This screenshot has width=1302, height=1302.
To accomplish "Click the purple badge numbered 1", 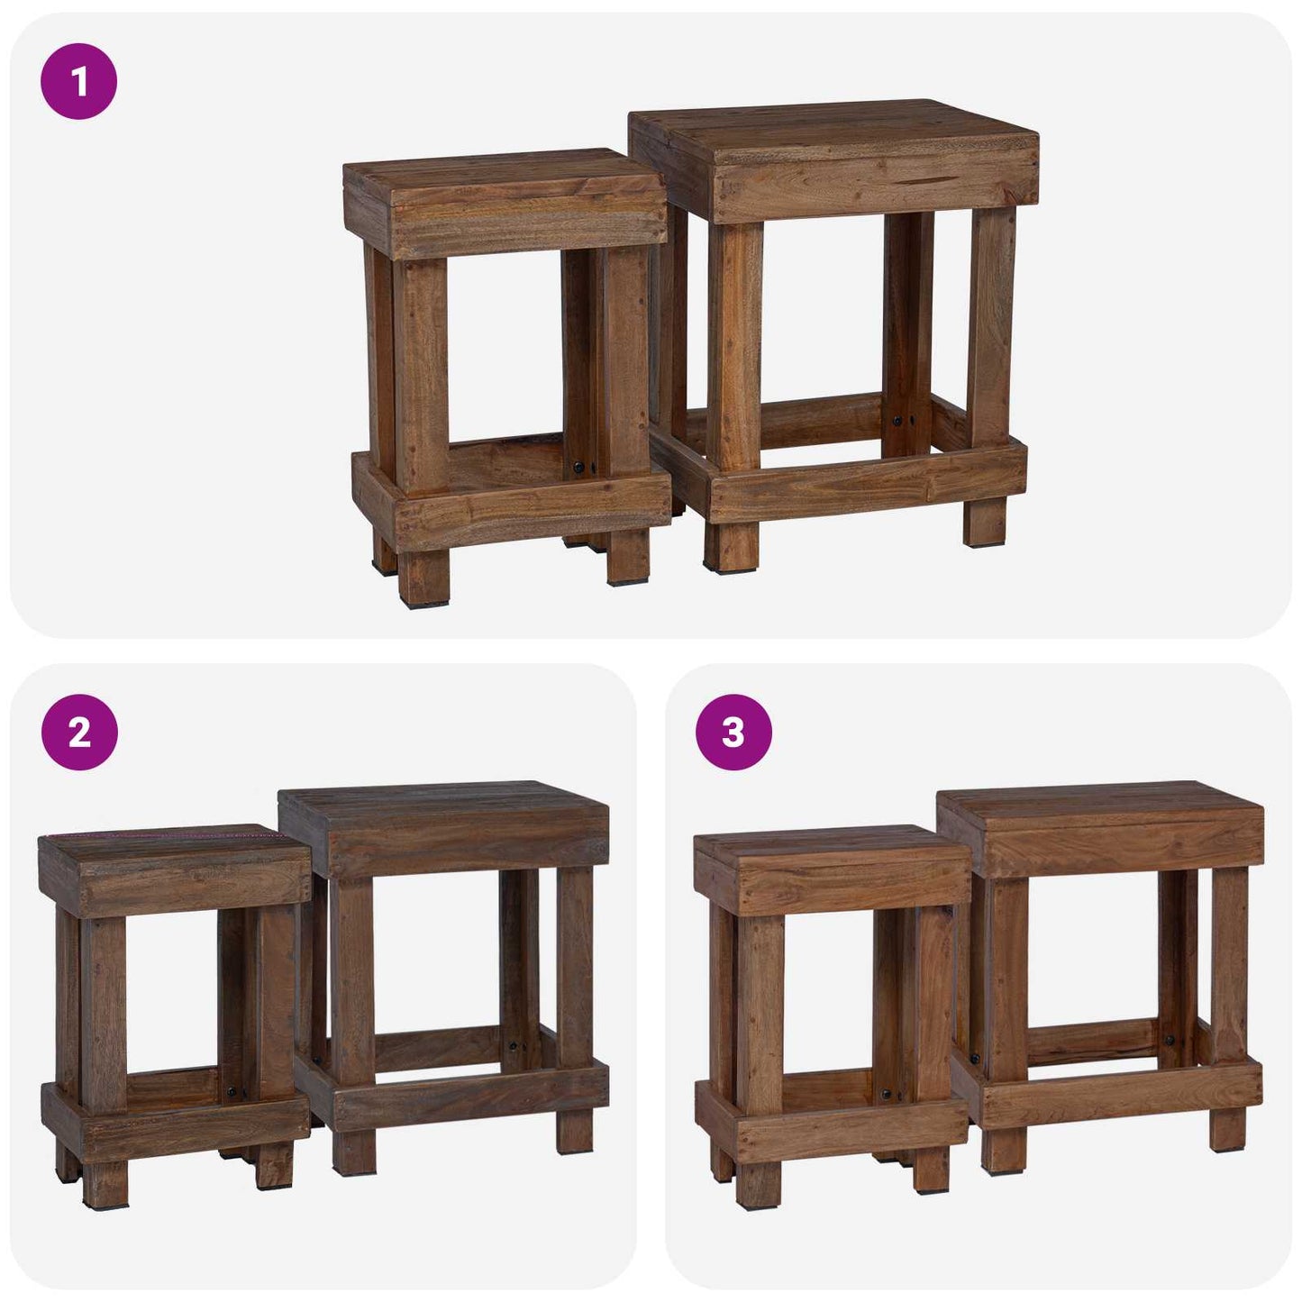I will [79, 83].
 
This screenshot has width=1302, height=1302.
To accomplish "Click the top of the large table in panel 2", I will [442, 802].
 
